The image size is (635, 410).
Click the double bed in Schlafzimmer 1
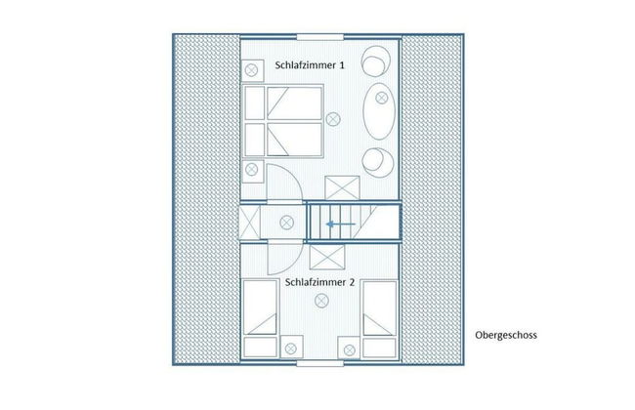coord(282,120)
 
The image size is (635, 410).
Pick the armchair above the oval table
coord(374,61)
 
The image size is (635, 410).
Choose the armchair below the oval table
coord(374,159)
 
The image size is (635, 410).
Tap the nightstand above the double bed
coord(253,70)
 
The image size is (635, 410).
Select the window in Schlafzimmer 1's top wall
coord(319,39)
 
